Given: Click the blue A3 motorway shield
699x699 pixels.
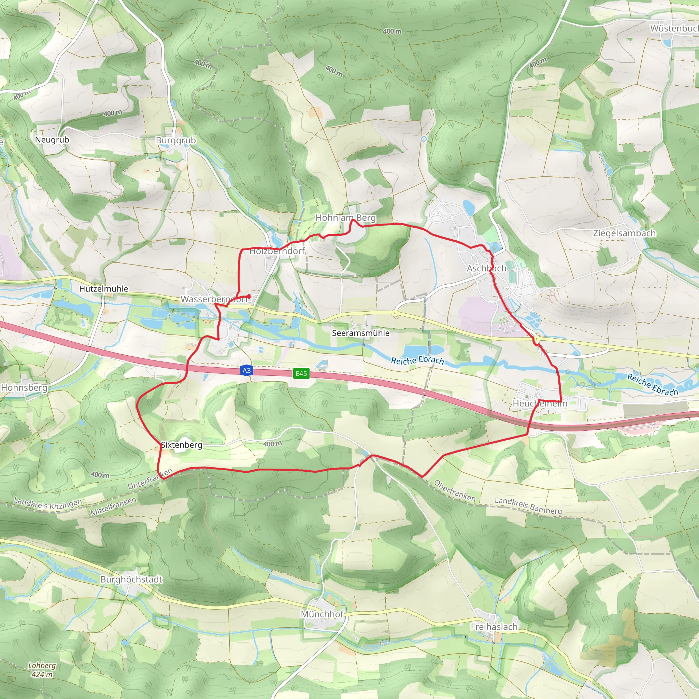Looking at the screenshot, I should point(246,370).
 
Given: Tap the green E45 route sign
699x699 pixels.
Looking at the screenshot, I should point(301,373).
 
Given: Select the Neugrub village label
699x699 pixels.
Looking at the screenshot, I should point(52,140).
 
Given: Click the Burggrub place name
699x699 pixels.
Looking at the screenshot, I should point(176,140).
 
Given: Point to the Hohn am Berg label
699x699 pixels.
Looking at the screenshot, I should point(345,218).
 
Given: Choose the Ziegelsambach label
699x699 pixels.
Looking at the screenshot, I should point(624,233).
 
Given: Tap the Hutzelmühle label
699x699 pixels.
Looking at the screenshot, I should point(103,289).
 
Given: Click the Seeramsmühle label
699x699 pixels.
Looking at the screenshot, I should point(360,333).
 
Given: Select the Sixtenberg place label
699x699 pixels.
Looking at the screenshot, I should point(181,445).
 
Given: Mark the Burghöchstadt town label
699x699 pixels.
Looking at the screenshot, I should point(131,579).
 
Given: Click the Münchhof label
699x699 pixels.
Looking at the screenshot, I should point(322,614).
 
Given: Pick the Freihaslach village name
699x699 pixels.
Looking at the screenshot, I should point(494,627).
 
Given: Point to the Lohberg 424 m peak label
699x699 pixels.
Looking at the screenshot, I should point(42,670).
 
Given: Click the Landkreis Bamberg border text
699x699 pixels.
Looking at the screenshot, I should point(528,506).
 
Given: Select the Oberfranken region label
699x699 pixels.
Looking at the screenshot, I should point(454,491).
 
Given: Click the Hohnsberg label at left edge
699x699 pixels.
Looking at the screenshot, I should point(24,388).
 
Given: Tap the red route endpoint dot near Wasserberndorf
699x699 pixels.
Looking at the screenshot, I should point(249,297).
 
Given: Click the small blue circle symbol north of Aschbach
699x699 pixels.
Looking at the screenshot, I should point(424,139).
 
